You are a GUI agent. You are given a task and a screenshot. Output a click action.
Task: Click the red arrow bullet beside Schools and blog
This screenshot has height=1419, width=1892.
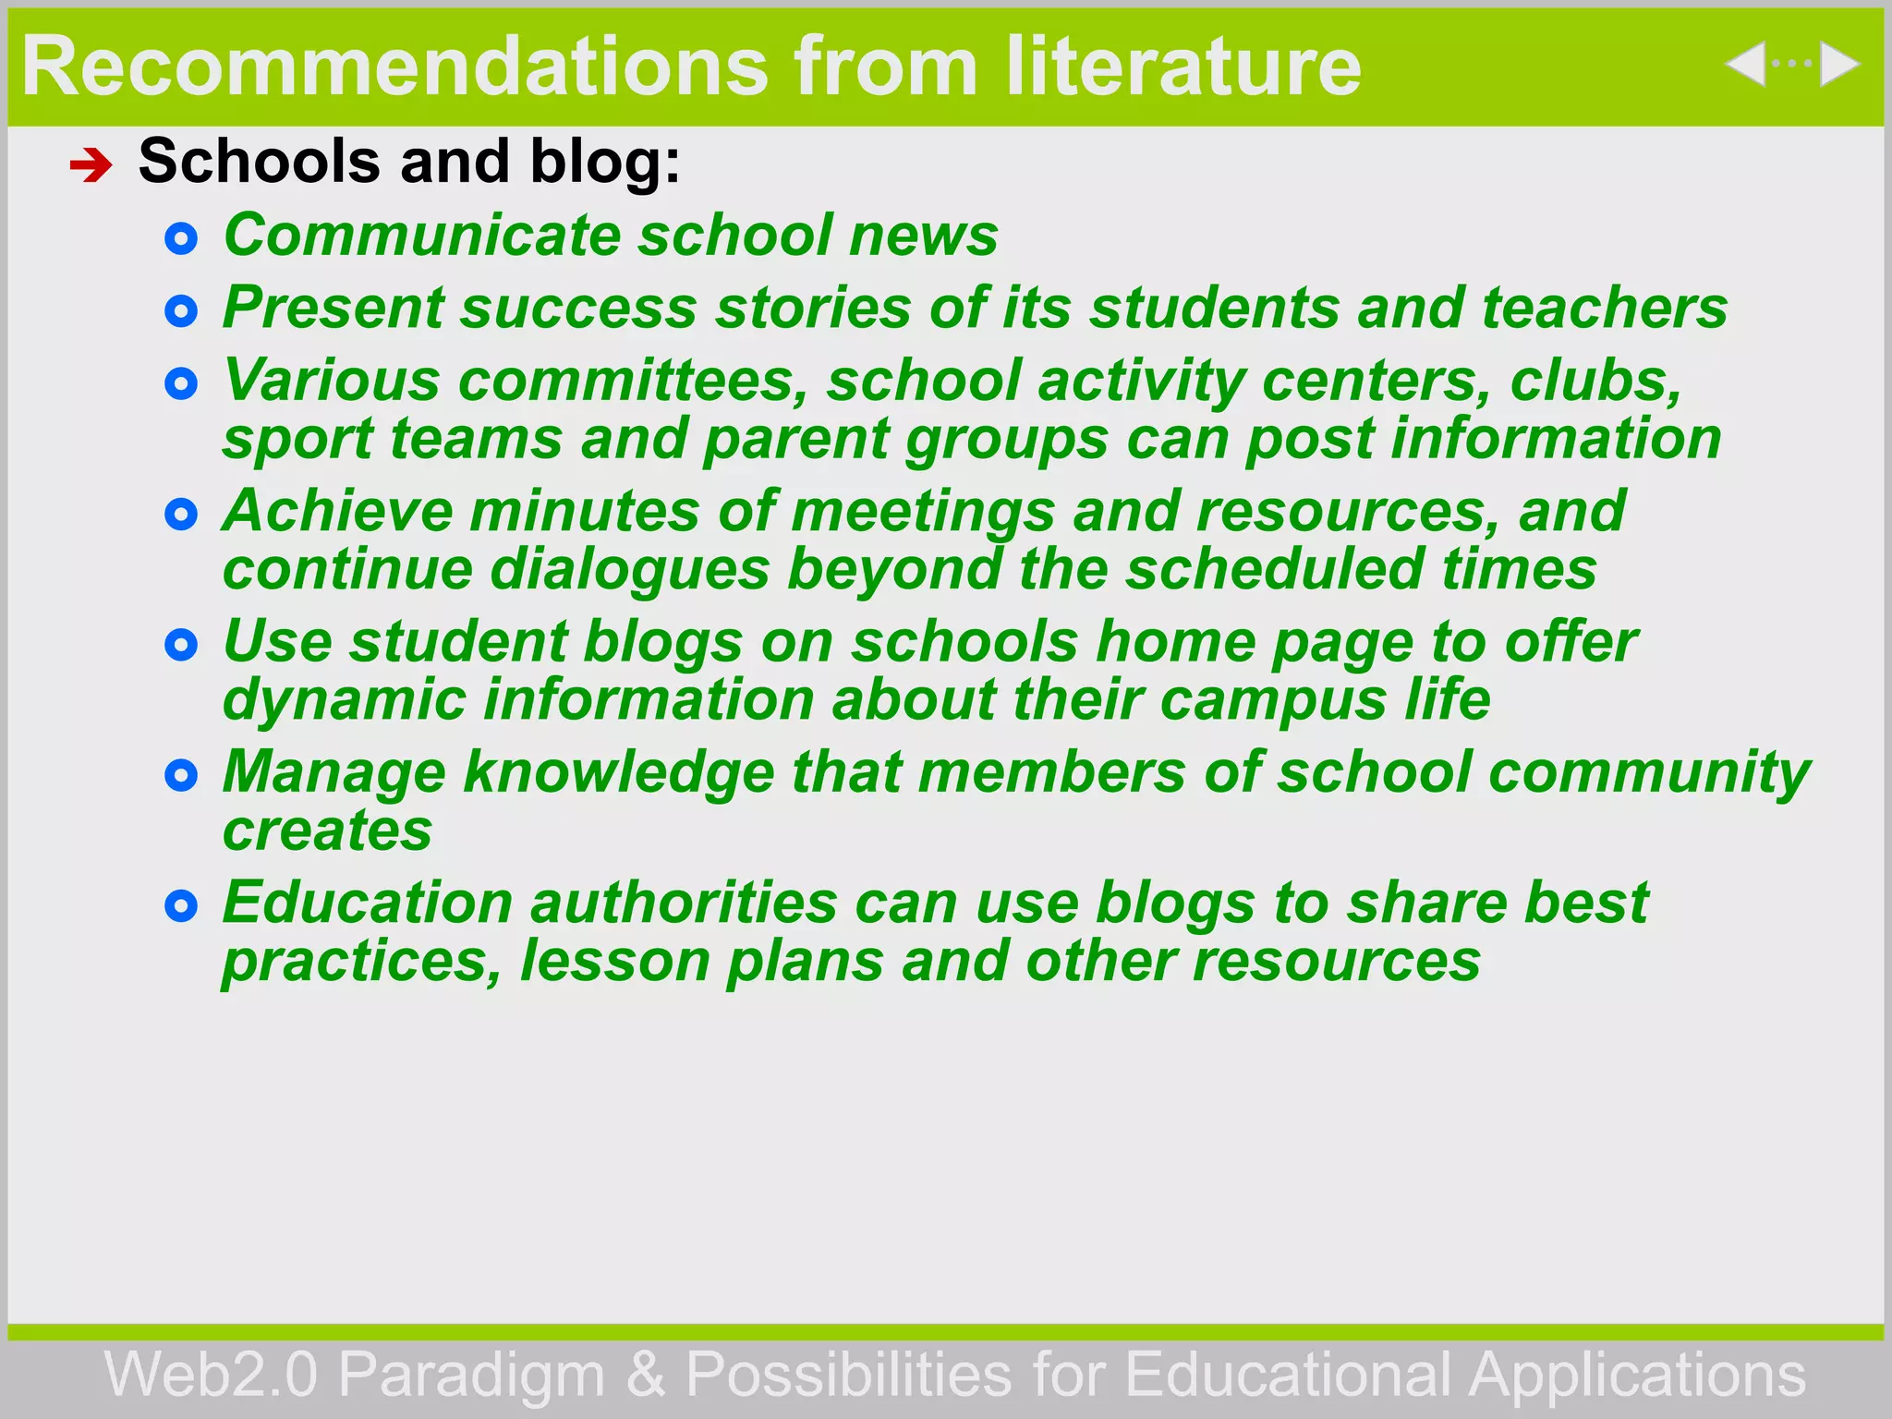tap(91, 166)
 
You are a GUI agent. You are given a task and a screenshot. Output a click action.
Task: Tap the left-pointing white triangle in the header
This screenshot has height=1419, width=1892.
tap(1746, 65)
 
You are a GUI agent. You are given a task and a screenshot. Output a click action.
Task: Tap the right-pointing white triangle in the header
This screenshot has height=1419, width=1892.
tap(1838, 65)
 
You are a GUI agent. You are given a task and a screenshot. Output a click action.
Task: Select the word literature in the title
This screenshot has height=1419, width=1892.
tap(1183, 67)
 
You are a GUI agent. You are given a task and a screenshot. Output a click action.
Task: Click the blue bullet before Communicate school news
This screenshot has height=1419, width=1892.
tap(181, 239)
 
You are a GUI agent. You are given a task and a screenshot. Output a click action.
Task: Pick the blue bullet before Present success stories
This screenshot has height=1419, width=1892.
tap(181, 311)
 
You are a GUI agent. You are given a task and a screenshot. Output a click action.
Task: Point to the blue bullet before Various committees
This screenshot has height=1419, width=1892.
tap(181, 383)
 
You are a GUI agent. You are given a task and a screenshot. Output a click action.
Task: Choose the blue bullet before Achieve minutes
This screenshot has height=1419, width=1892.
tap(181, 515)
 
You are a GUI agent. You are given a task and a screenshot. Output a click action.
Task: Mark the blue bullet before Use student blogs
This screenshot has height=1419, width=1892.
tap(181, 645)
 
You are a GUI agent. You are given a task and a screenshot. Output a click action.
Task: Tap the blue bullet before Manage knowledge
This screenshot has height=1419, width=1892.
tap(181, 775)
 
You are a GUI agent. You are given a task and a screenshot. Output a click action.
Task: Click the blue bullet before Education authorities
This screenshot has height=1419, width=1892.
tap(181, 906)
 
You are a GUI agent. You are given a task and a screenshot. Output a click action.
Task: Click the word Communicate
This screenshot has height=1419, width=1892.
tap(421, 235)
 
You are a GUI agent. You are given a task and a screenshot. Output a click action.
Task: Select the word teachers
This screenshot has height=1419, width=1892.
tap(1605, 308)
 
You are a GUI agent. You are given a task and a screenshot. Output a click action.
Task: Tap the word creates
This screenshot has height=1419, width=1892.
tap(327, 831)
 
